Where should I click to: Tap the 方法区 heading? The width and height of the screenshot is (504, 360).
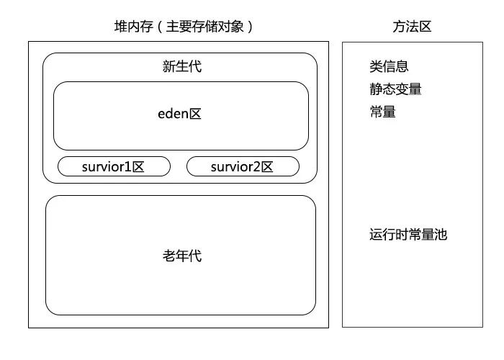412,27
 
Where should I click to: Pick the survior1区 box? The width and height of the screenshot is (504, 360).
114,167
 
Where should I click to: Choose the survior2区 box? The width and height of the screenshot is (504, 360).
243,167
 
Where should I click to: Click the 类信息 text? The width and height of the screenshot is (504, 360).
390,67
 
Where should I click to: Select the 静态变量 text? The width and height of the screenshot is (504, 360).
395,89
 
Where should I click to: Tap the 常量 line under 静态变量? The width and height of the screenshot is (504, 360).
382,112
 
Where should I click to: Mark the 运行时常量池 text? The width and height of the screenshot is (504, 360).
408,235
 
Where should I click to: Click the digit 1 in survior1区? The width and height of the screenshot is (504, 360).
127,167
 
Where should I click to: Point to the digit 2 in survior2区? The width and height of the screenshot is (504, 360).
256,167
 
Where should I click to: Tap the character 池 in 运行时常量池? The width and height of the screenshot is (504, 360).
441,235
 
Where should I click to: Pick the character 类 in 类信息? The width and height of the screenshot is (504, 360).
377,67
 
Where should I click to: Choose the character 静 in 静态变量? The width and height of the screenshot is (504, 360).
377,89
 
